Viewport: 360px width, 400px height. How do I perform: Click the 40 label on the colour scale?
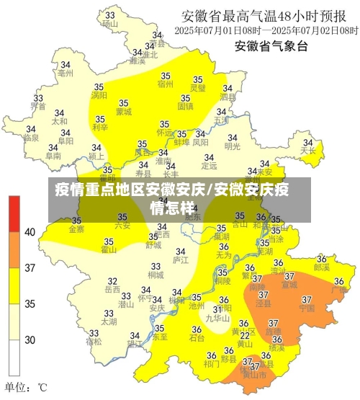click(30, 232)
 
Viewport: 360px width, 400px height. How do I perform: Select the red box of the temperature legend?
click(14, 213)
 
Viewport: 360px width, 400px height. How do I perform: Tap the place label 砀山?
click(109, 23)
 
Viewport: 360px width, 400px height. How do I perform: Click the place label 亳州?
click(66, 74)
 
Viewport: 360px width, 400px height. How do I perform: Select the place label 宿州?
click(165, 84)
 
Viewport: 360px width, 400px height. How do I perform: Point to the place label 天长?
click(308, 151)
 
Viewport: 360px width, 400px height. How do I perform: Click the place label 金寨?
click(76, 229)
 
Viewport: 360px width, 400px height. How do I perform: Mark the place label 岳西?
click(112, 289)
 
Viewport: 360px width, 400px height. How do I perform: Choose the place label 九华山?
click(217, 318)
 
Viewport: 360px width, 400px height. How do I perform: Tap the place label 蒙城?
click(123, 112)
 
